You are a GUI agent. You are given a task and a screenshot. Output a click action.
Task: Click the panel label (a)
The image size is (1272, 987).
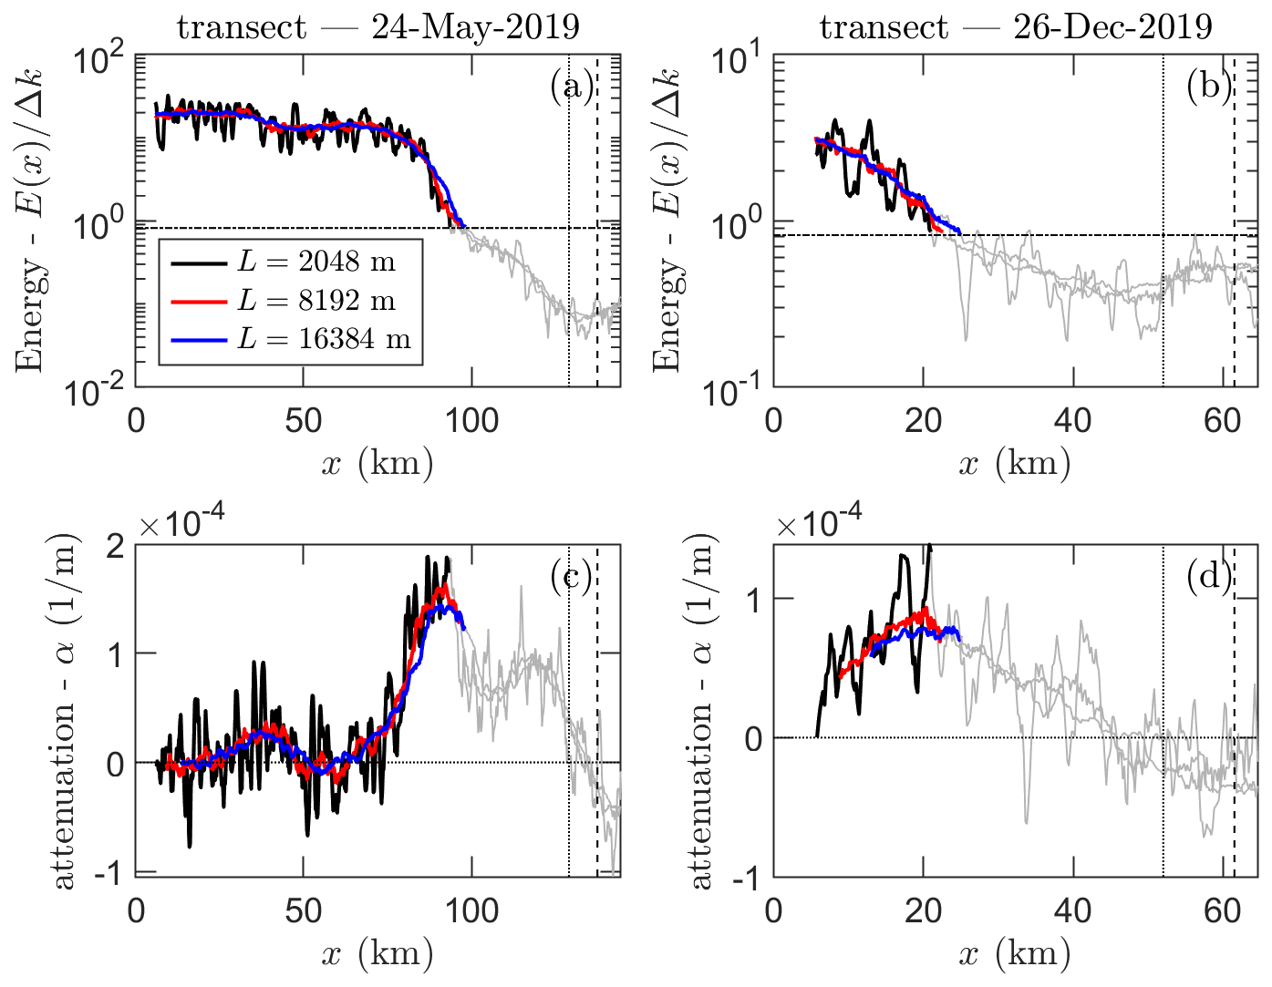tap(571, 87)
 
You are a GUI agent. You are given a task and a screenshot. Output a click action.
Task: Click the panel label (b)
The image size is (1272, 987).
tap(1209, 87)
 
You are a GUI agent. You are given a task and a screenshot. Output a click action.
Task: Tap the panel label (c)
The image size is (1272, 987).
tap(571, 577)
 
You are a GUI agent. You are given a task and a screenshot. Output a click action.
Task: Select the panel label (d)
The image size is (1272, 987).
tap(1209, 577)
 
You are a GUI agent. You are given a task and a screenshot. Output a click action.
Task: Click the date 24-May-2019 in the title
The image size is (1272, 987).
tap(475, 27)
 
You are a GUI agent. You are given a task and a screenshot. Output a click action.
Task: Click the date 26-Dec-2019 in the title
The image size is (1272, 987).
tap(1112, 27)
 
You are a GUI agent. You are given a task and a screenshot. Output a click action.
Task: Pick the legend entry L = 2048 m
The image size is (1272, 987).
tap(315, 262)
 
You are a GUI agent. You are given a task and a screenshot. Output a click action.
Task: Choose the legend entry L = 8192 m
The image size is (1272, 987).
tap(315, 301)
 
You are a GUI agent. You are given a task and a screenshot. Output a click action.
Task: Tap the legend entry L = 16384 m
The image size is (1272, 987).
tap(324, 339)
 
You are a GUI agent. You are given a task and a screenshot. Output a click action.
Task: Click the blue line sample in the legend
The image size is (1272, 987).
tap(199, 340)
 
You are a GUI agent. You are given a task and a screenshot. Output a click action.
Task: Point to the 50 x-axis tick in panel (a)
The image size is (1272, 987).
tap(303, 420)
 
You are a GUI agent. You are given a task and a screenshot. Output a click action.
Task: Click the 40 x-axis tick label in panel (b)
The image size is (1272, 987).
tap(1072, 420)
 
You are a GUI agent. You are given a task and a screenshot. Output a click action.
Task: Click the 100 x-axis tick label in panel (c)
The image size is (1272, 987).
tap(471, 910)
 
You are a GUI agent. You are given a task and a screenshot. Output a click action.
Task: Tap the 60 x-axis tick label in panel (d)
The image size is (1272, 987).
tap(1222, 910)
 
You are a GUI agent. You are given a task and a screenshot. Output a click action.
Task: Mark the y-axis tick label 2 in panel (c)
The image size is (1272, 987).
tap(115, 547)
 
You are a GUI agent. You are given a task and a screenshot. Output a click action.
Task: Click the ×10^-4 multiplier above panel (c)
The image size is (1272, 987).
tap(181, 524)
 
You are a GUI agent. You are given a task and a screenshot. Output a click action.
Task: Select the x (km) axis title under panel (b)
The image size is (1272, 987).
tap(1015, 464)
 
